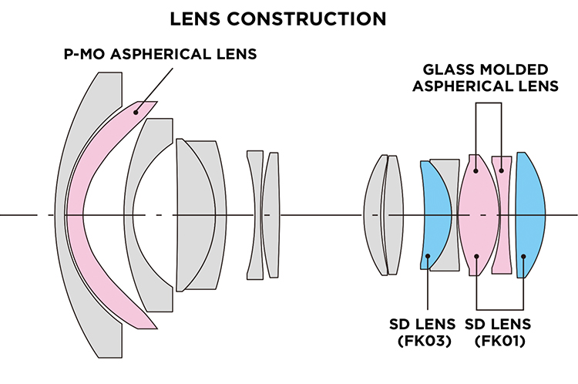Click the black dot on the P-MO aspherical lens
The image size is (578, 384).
click(x=136, y=111)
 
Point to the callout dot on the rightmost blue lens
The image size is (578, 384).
click(x=523, y=257)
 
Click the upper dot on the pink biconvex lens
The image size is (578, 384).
click(x=476, y=170)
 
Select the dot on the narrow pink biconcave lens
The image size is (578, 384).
click(x=502, y=170)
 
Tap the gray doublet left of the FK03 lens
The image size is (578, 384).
click(x=383, y=214)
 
